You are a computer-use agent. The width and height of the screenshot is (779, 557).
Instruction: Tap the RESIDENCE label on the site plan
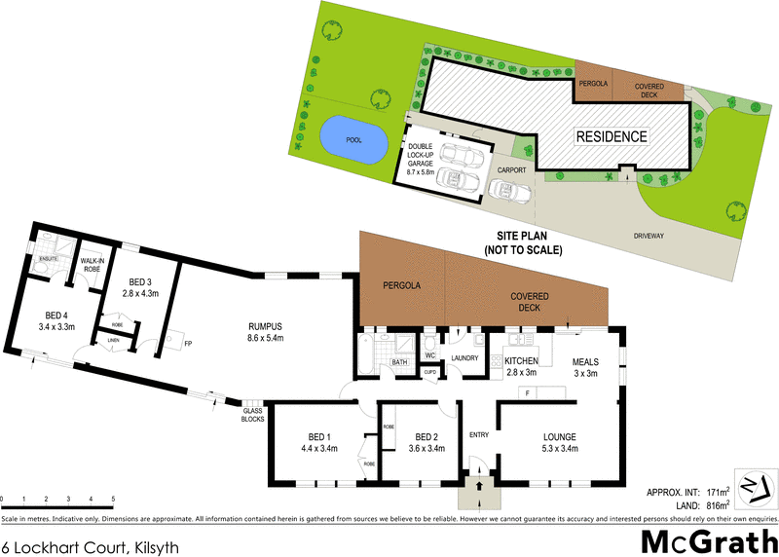(610, 136)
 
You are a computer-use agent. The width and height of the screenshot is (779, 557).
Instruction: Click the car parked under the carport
(511, 191)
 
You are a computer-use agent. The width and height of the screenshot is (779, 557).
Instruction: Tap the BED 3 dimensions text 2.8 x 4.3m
(140, 291)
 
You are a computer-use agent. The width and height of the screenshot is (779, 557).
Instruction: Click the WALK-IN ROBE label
(93, 265)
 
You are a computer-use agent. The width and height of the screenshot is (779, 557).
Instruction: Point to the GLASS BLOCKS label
(252, 415)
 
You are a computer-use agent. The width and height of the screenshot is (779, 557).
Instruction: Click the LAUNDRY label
(464, 358)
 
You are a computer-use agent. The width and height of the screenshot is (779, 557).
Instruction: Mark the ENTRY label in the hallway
(479, 434)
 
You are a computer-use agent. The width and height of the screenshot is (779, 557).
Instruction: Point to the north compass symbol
(755, 487)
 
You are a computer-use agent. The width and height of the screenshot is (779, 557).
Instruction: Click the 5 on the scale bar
(113, 499)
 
